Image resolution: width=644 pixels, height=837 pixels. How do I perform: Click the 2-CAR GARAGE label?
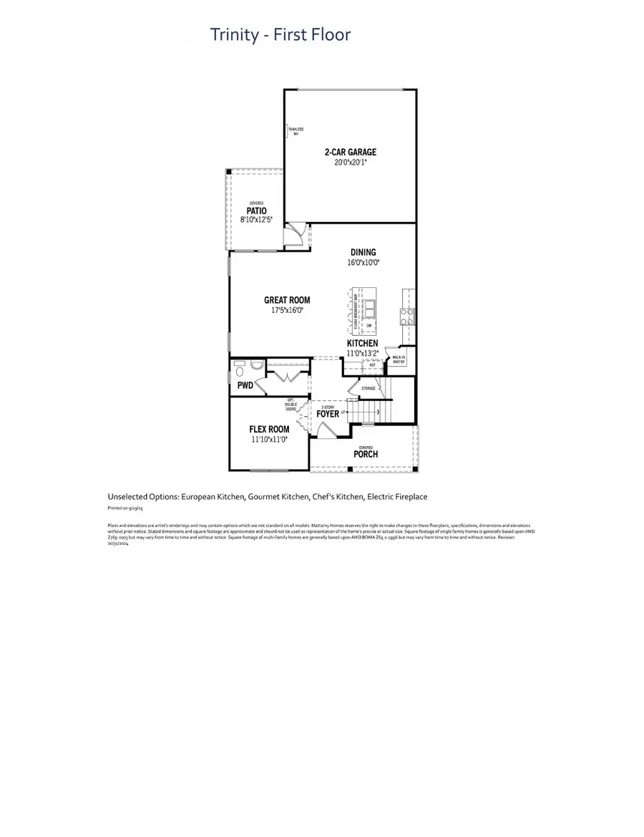[x=350, y=152]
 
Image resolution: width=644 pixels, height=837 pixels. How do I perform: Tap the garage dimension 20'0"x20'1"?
[x=350, y=163]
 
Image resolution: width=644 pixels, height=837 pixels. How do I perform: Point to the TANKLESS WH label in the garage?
[x=295, y=131]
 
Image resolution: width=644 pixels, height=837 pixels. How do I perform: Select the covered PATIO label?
[x=257, y=211]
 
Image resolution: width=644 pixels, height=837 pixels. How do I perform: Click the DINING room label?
[x=363, y=252]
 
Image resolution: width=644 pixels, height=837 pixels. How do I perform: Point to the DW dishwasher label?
[x=369, y=326]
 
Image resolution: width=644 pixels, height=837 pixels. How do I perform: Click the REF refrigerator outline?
[x=372, y=365]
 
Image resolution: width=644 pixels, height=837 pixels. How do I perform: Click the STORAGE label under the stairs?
[x=369, y=387]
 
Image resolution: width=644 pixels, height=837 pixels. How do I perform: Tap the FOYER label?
[x=328, y=413]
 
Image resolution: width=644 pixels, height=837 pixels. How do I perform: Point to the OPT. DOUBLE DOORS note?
[x=291, y=405]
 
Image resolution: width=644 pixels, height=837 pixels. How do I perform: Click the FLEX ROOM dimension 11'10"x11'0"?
[x=269, y=440]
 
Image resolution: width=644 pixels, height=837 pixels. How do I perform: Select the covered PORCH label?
[x=366, y=454]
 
